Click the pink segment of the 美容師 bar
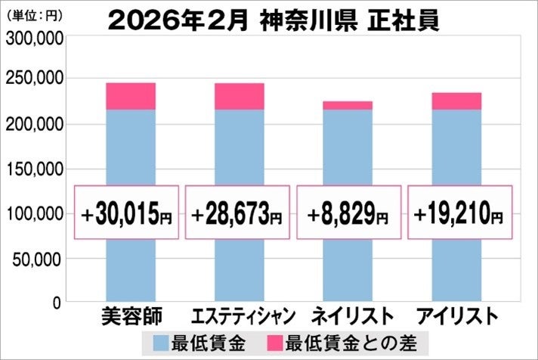(131, 96)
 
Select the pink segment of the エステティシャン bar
(240, 96)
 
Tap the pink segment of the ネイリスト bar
(348, 105)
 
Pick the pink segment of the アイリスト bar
(456, 101)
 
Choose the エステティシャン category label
(239, 315)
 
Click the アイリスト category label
(458, 315)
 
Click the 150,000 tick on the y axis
(32, 169)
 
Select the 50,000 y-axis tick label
(36, 259)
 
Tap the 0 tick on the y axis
(57, 303)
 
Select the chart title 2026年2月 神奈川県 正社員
(273, 20)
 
